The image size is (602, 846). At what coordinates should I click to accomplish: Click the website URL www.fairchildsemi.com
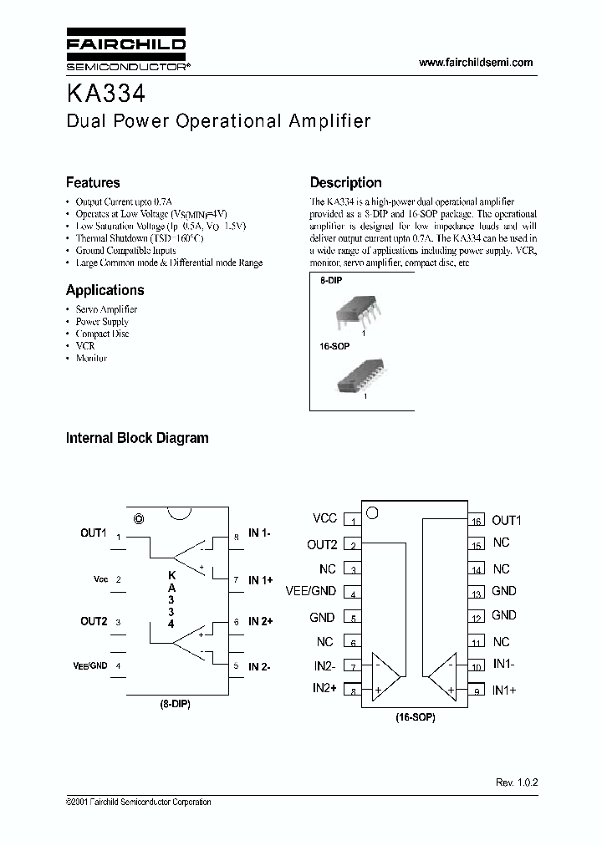click(x=475, y=63)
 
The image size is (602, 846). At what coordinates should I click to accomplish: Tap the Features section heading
click(x=93, y=182)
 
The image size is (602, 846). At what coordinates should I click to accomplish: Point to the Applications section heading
click(x=105, y=290)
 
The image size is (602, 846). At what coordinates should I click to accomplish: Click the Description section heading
click(x=345, y=182)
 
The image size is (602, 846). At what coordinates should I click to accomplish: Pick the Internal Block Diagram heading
click(x=137, y=437)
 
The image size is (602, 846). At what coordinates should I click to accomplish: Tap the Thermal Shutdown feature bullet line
click(x=140, y=238)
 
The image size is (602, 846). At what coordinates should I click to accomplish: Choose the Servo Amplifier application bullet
click(x=106, y=309)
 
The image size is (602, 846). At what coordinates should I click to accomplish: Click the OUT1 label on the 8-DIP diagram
click(x=94, y=533)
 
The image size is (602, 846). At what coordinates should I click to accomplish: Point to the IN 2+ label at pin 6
click(x=261, y=622)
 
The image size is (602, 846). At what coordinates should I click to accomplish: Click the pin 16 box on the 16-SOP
click(x=476, y=521)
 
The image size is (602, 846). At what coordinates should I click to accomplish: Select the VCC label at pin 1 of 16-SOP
click(x=324, y=519)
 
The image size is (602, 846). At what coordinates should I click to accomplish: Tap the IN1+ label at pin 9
click(x=504, y=690)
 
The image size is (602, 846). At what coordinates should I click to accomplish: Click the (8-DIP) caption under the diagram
click(x=176, y=705)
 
